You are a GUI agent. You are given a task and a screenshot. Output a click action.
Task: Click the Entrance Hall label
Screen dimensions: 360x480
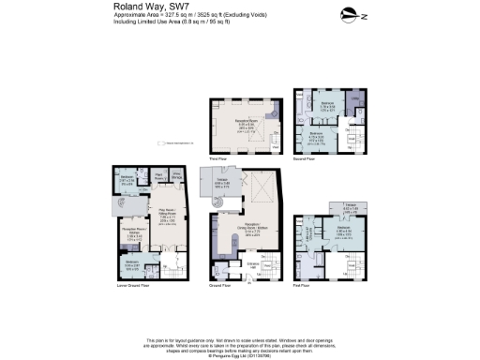point(225,268)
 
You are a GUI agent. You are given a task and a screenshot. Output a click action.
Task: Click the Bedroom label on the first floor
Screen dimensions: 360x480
point(344,229)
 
